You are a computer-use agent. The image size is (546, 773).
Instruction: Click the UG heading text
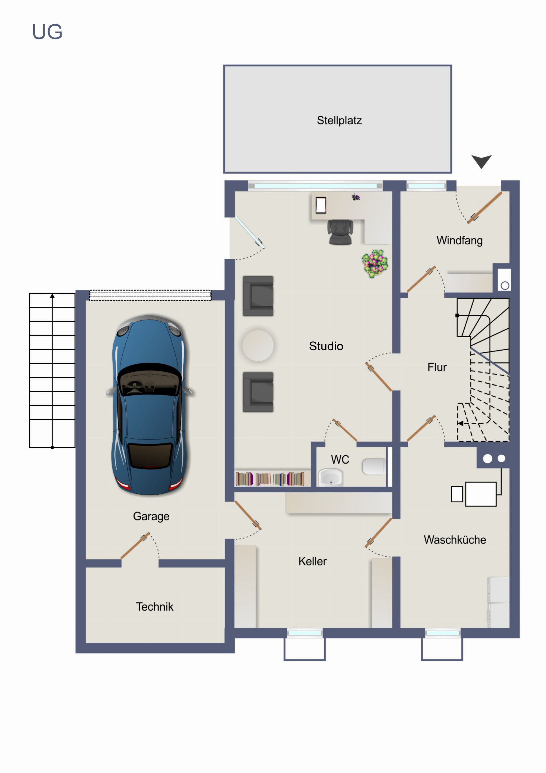coord(47,32)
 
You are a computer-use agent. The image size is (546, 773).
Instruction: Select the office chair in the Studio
coord(340,232)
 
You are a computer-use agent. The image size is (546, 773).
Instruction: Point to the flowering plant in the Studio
coord(375,264)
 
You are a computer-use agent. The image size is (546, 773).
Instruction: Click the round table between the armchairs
coord(258,346)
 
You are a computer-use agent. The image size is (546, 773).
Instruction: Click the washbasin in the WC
coord(331,477)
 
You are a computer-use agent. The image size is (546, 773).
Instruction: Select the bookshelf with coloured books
coord(270,479)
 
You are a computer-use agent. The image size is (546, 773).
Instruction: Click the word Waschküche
coord(455,540)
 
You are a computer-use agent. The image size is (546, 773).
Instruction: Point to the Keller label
coord(312,561)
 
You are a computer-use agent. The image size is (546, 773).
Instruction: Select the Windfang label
coord(460,241)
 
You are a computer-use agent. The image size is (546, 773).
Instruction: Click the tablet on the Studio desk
coord(321,205)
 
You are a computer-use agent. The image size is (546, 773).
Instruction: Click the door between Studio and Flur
coord(379,377)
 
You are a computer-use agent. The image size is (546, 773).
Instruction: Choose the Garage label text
coord(151,516)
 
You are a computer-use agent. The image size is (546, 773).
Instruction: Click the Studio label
coord(326,346)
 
